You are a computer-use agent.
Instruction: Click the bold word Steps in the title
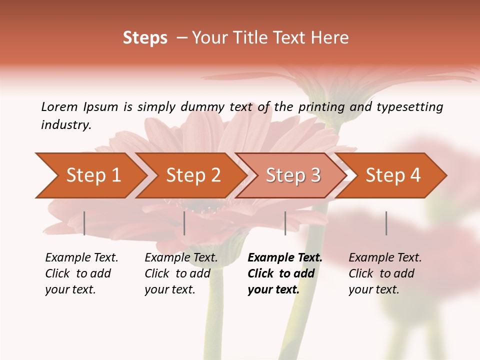(145, 38)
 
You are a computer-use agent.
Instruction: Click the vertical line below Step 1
(84, 223)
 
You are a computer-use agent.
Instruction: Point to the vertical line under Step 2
(184, 223)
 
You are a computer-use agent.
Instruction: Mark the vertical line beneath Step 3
(285, 223)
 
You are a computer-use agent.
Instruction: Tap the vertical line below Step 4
(386, 223)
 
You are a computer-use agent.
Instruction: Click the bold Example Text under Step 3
(285, 257)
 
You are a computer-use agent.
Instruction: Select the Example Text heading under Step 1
(81, 257)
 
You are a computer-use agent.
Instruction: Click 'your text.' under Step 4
(373, 289)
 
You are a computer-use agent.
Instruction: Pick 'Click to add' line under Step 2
(177, 273)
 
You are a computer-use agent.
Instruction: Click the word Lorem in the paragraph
(59, 106)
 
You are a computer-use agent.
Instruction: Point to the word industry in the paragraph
(66, 124)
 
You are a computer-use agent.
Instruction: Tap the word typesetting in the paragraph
(410, 106)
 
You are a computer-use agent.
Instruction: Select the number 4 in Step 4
(414, 175)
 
